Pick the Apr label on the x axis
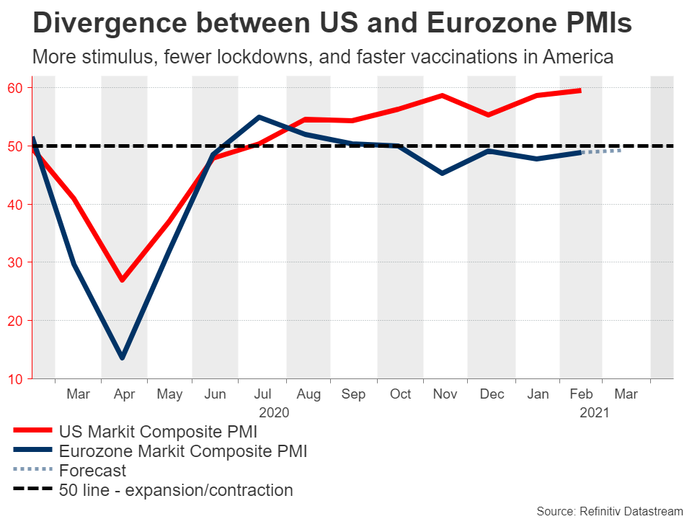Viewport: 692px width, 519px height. point(124,394)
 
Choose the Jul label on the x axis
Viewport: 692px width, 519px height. point(262,394)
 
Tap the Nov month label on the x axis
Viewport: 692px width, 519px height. point(445,394)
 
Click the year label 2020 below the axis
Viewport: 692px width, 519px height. point(274,413)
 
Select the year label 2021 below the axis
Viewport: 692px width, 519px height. point(595,413)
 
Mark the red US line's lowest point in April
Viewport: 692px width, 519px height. point(123,280)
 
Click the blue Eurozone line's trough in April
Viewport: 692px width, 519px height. point(123,358)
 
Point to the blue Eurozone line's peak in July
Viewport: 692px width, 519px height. point(259,117)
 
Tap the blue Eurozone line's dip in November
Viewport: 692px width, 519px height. point(442,173)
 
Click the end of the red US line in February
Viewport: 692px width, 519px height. point(580,90)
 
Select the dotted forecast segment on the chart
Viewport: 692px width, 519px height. point(600,151)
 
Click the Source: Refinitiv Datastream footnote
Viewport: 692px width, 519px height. point(609,511)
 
